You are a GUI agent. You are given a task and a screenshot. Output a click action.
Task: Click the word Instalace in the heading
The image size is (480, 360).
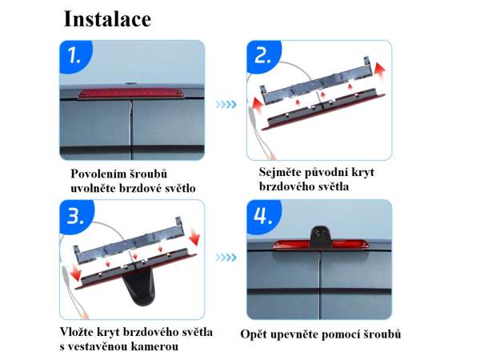[107, 19]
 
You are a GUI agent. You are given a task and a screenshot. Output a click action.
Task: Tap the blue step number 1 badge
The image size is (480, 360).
[74, 56]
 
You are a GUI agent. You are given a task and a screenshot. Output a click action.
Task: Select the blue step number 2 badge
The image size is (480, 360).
[262, 56]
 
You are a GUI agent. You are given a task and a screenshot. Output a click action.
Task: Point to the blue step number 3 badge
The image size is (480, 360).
[76, 216]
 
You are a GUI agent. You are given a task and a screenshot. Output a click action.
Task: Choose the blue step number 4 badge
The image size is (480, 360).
[263, 216]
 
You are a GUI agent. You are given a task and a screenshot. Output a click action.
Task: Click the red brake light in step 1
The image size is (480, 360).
[132, 94]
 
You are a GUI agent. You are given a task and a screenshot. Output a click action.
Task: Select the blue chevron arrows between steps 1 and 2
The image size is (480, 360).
[226, 104]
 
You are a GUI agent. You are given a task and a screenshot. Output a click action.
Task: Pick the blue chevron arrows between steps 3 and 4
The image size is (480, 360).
[226, 258]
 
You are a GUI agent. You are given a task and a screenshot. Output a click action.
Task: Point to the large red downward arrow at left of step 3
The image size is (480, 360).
[75, 273]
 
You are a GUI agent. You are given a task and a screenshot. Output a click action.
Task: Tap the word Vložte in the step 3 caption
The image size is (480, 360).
[77, 332]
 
